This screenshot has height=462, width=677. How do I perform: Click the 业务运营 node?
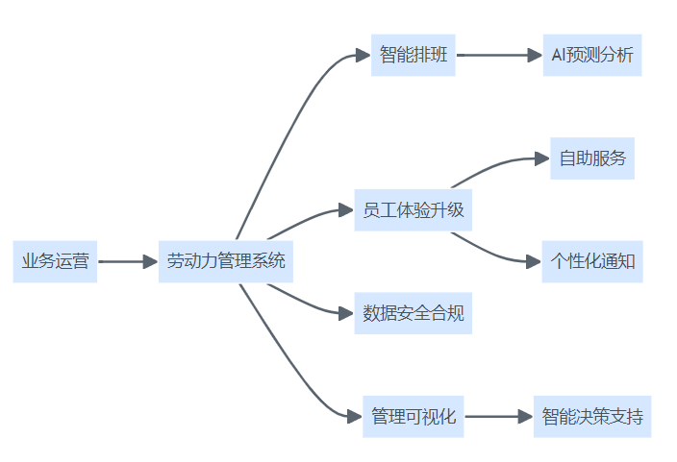click(x=55, y=261)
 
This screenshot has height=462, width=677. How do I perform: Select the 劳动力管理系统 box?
click(x=226, y=261)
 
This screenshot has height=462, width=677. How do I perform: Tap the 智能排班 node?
click(x=413, y=55)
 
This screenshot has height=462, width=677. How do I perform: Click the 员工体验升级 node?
click(x=414, y=210)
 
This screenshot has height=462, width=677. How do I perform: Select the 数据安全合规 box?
click(x=414, y=313)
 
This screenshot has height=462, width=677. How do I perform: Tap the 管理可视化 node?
click(x=413, y=417)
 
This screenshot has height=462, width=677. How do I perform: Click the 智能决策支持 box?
click(x=591, y=417)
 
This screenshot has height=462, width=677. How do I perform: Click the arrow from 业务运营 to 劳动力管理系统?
click(x=128, y=261)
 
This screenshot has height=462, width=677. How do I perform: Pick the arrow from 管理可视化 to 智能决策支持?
click(x=498, y=417)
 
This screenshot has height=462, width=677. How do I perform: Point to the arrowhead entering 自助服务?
click(x=541, y=158)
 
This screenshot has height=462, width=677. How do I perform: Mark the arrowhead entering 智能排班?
click(x=363, y=55)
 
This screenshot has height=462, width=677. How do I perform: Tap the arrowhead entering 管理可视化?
click(x=354, y=417)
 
